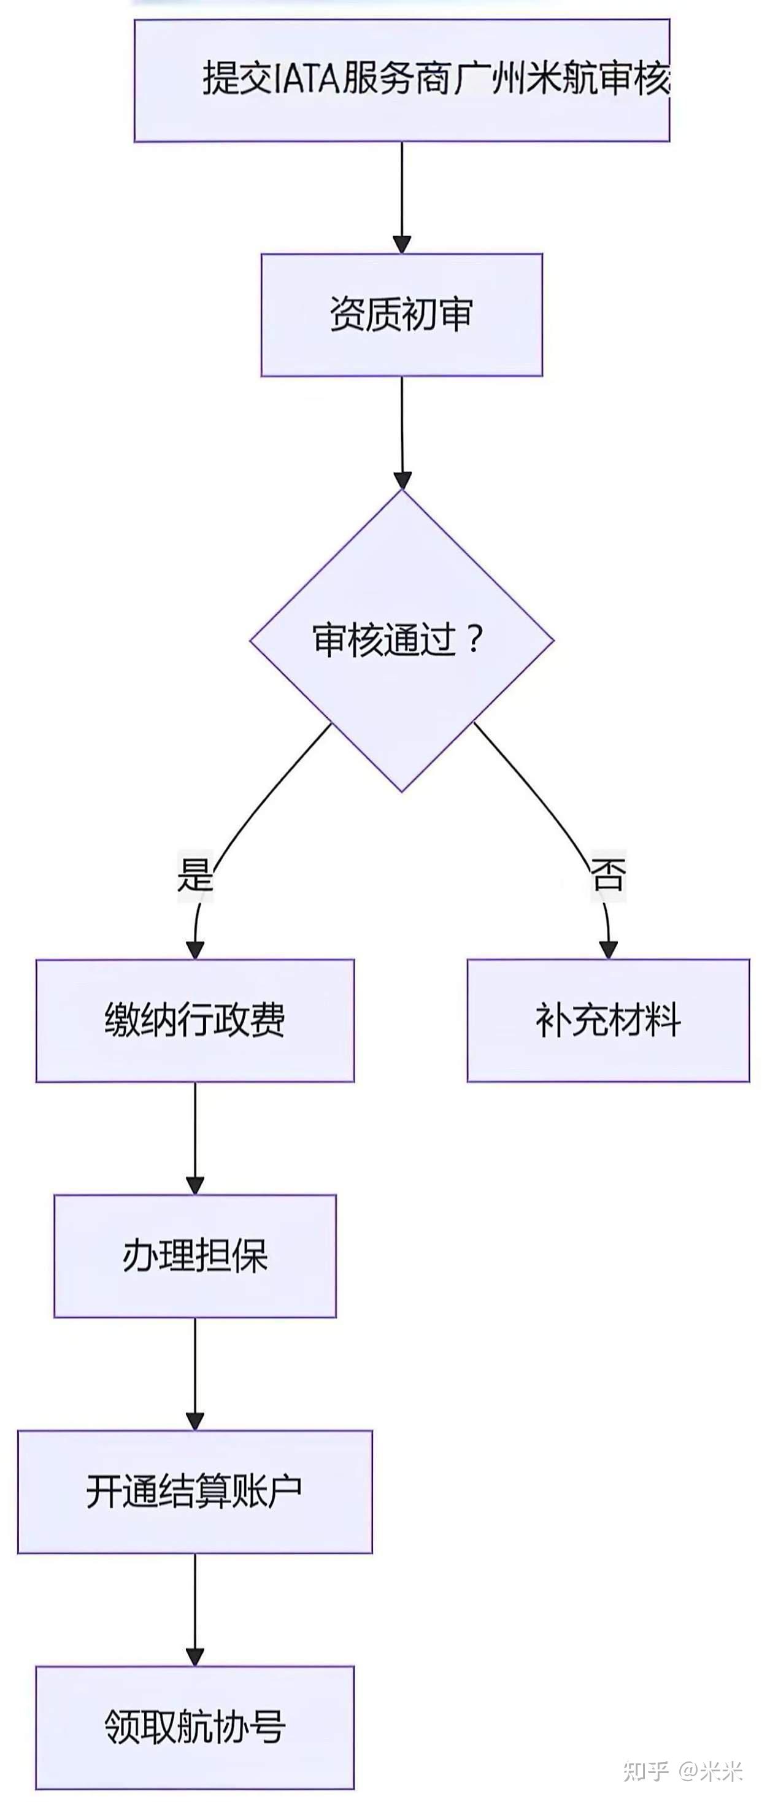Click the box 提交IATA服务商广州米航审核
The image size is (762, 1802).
point(402,80)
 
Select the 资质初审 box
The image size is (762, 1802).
point(402,315)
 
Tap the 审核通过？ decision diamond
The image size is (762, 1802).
point(402,640)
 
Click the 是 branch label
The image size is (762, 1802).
point(194,874)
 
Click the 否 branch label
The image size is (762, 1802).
point(607,874)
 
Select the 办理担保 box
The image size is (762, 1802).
point(194,1257)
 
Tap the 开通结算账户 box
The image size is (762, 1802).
point(194,1492)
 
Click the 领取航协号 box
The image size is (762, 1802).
point(194,1727)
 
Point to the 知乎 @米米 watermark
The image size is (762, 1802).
point(682,1771)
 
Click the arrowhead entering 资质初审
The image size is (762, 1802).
point(402,244)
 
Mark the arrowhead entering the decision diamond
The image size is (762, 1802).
point(402,479)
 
